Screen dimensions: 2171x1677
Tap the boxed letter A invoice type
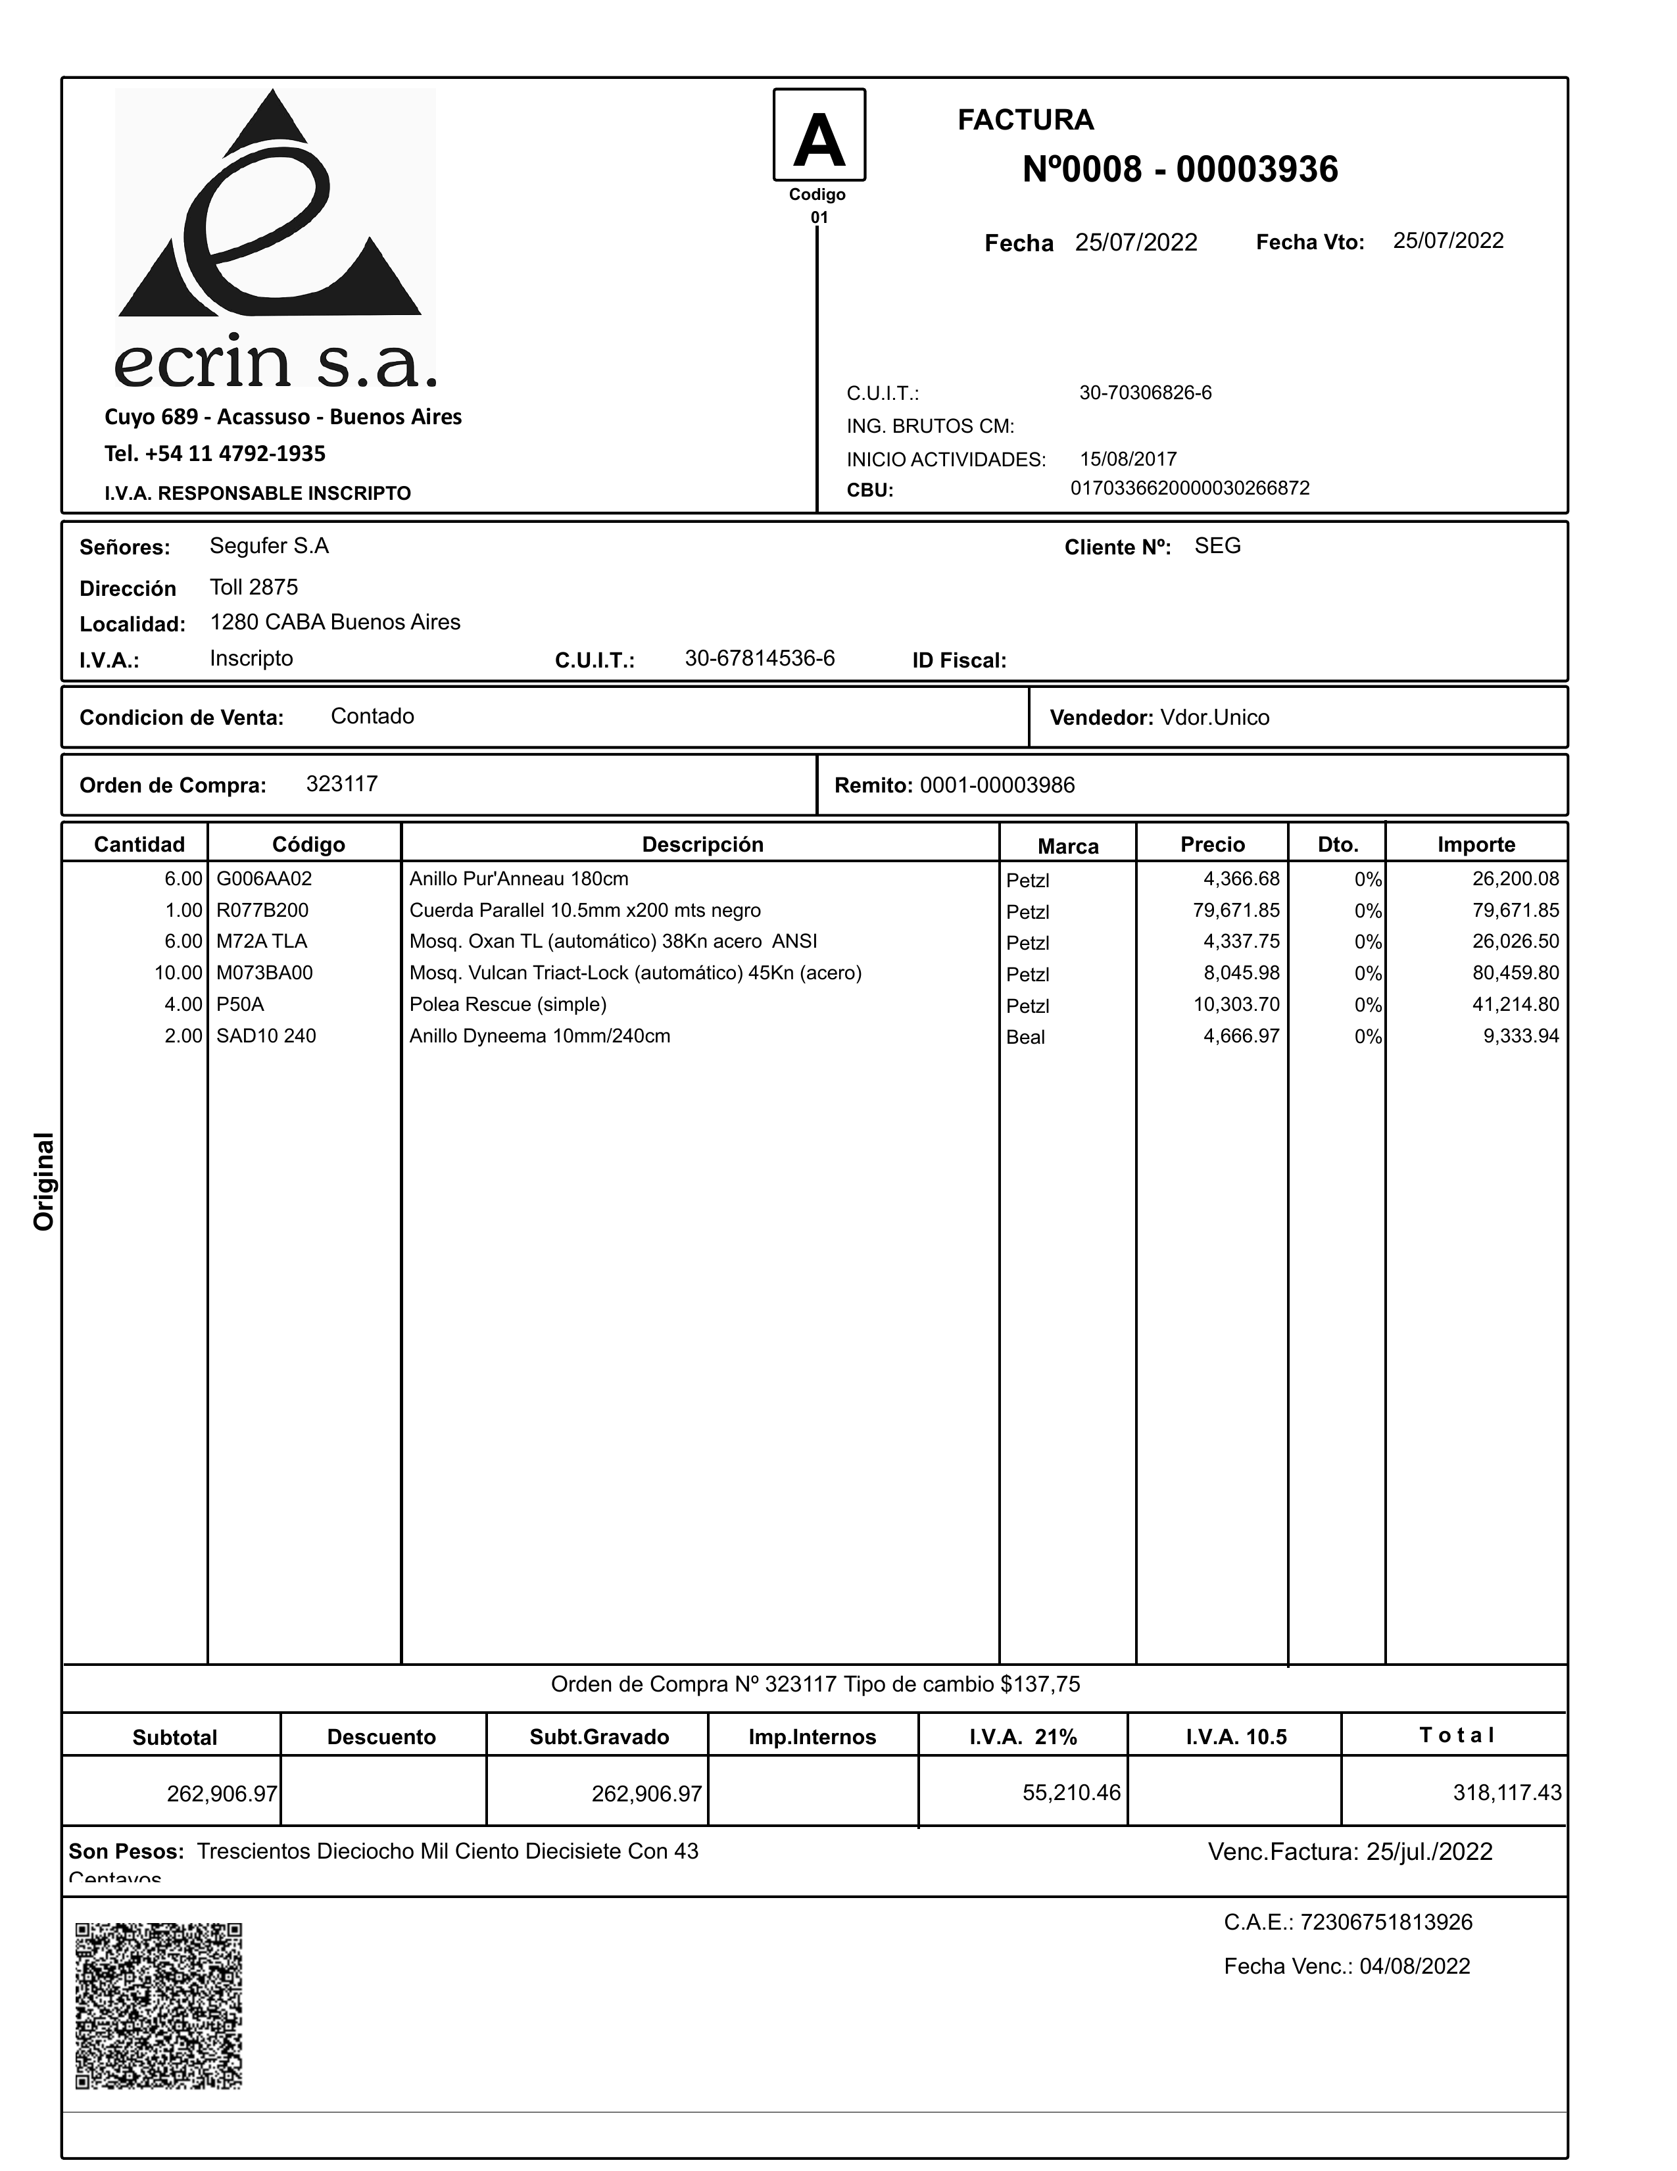(819, 136)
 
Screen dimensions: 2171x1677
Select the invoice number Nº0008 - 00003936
(1180, 170)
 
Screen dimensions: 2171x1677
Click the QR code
(159, 2005)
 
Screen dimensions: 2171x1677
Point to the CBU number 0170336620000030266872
(1190, 488)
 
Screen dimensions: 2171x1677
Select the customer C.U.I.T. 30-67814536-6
(760, 658)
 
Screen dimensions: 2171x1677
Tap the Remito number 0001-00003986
(997, 785)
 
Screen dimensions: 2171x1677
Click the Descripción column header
(702, 844)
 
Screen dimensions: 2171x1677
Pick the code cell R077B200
(262, 910)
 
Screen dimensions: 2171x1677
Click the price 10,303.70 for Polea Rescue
(1236, 1004)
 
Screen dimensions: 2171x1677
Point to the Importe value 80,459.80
(1515, 973)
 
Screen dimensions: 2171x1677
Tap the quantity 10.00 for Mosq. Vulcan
(178, 973)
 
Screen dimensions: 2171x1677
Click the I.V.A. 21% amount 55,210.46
(1071, 1792)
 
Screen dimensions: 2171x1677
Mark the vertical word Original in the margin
(44, 1181)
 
